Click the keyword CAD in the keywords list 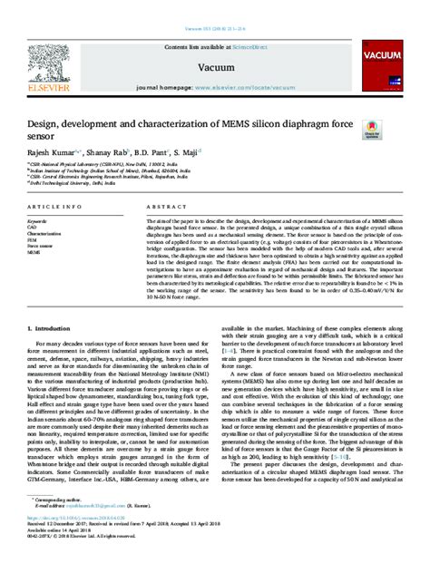32,228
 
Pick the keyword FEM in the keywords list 32,239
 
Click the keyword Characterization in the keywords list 44,234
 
